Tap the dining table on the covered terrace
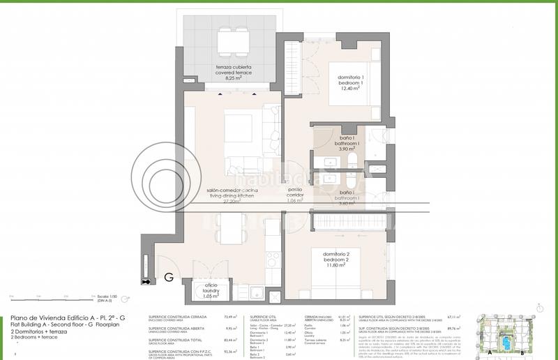pyautogui.click(x=233, y=42)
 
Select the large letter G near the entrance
pyautogui.click(x=169, y=278)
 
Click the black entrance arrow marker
pyautogui.click(x=146, y=282)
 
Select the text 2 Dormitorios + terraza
pyautogui.click(x=39, y=332)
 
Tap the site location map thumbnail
pyautogui.click(x=504, y=336)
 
